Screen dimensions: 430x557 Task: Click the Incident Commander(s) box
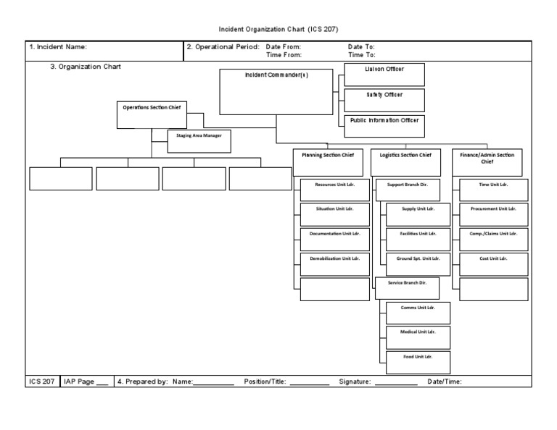276,92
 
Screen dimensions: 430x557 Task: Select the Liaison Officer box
384,75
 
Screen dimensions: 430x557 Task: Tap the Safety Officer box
384,100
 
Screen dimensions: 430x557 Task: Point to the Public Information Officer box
384,125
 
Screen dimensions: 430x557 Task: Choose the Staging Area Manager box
199,141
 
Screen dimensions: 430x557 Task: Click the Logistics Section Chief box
405,162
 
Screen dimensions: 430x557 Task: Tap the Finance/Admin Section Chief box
487,162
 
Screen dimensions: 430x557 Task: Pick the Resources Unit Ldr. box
334,190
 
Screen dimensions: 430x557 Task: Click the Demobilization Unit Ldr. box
334,264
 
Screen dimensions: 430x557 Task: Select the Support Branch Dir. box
408,190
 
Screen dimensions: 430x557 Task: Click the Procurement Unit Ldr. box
494,214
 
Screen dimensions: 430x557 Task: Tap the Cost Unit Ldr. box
494,264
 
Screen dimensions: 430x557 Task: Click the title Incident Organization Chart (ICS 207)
278,30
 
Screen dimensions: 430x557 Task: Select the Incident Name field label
57,47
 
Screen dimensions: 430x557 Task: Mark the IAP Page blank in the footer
102,381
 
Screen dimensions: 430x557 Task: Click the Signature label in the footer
355,381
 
